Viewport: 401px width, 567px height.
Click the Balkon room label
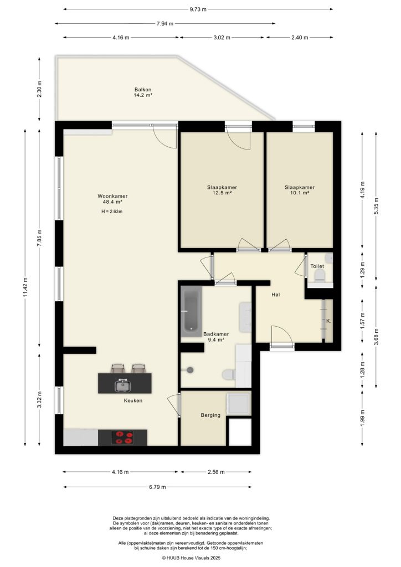point(143,90)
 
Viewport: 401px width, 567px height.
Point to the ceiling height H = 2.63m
point(112,212)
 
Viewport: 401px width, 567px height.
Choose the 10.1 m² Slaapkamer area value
point(300,193)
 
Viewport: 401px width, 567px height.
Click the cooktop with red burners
point(122,437)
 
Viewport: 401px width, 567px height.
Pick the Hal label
point(275,295)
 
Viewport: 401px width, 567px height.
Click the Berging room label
point(210,415)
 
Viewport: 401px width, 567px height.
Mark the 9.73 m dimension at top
point(198,9)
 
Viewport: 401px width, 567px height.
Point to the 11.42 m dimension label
point(25,287)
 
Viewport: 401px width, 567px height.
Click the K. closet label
point(328,321)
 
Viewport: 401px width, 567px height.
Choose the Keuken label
point(133,400)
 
